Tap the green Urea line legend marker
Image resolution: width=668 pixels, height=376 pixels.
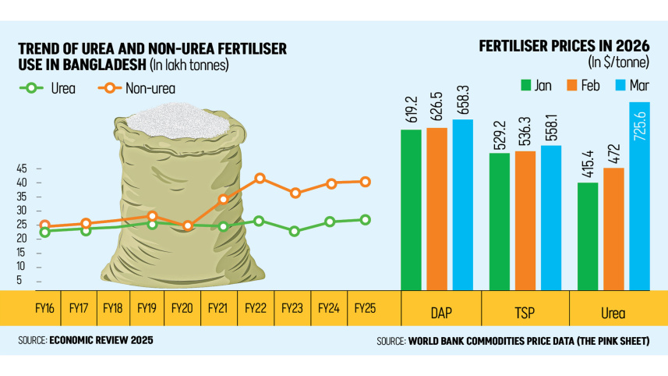31,88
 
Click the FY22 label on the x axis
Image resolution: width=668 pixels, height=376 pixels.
255,308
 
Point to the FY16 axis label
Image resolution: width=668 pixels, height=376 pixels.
44,308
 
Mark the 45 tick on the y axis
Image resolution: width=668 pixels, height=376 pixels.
22,168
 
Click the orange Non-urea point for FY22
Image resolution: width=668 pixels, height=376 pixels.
260,179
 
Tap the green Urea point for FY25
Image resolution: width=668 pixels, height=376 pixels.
366,220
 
